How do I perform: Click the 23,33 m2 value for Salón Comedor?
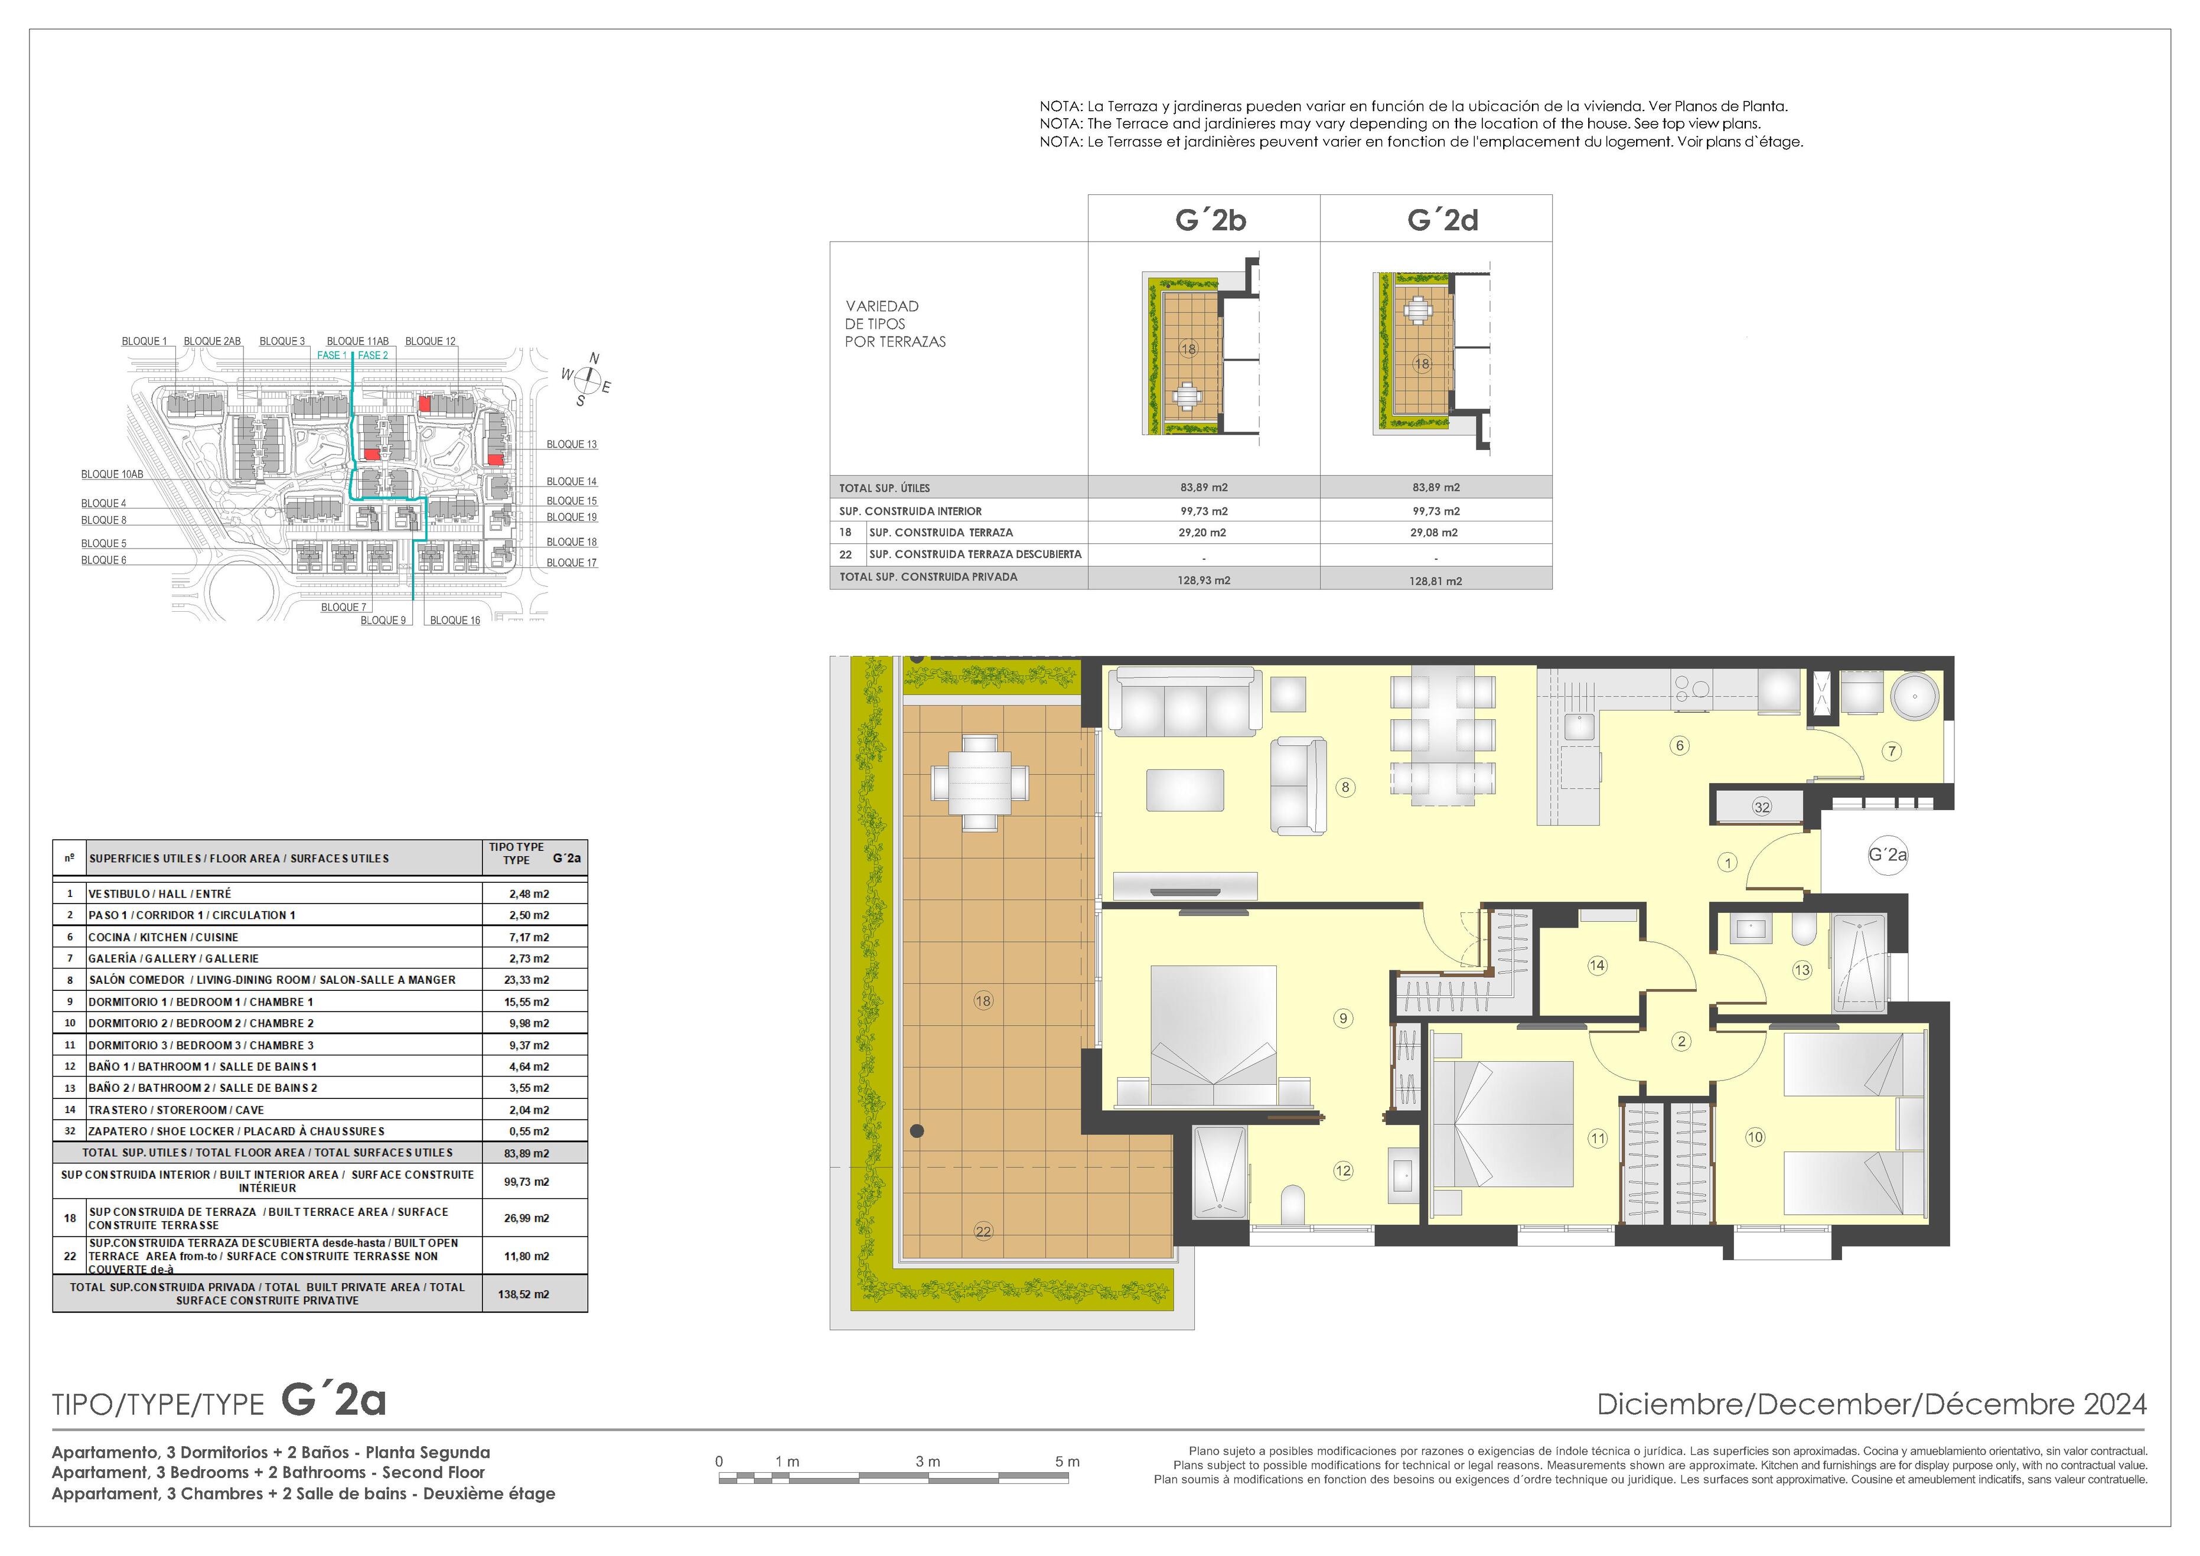click(x=526, y=980)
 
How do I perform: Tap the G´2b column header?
click(x=1210, y=220)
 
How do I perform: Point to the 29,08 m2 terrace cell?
click(x=1435, y=533)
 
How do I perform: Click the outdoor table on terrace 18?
click(x=979, y=782)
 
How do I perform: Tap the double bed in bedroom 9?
click(x=1213, y=1037)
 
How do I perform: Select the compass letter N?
click(x=594, y=358)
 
